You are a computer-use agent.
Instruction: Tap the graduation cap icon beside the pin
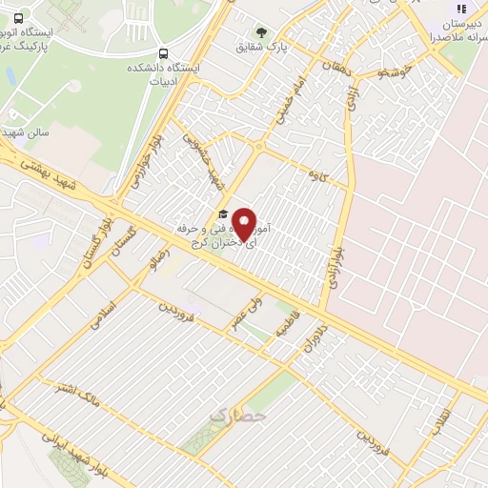[222, 213]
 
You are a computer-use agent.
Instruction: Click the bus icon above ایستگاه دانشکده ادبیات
[164, 53]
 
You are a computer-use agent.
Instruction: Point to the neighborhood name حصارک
[236, 416]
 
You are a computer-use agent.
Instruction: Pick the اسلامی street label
[100, 315]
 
